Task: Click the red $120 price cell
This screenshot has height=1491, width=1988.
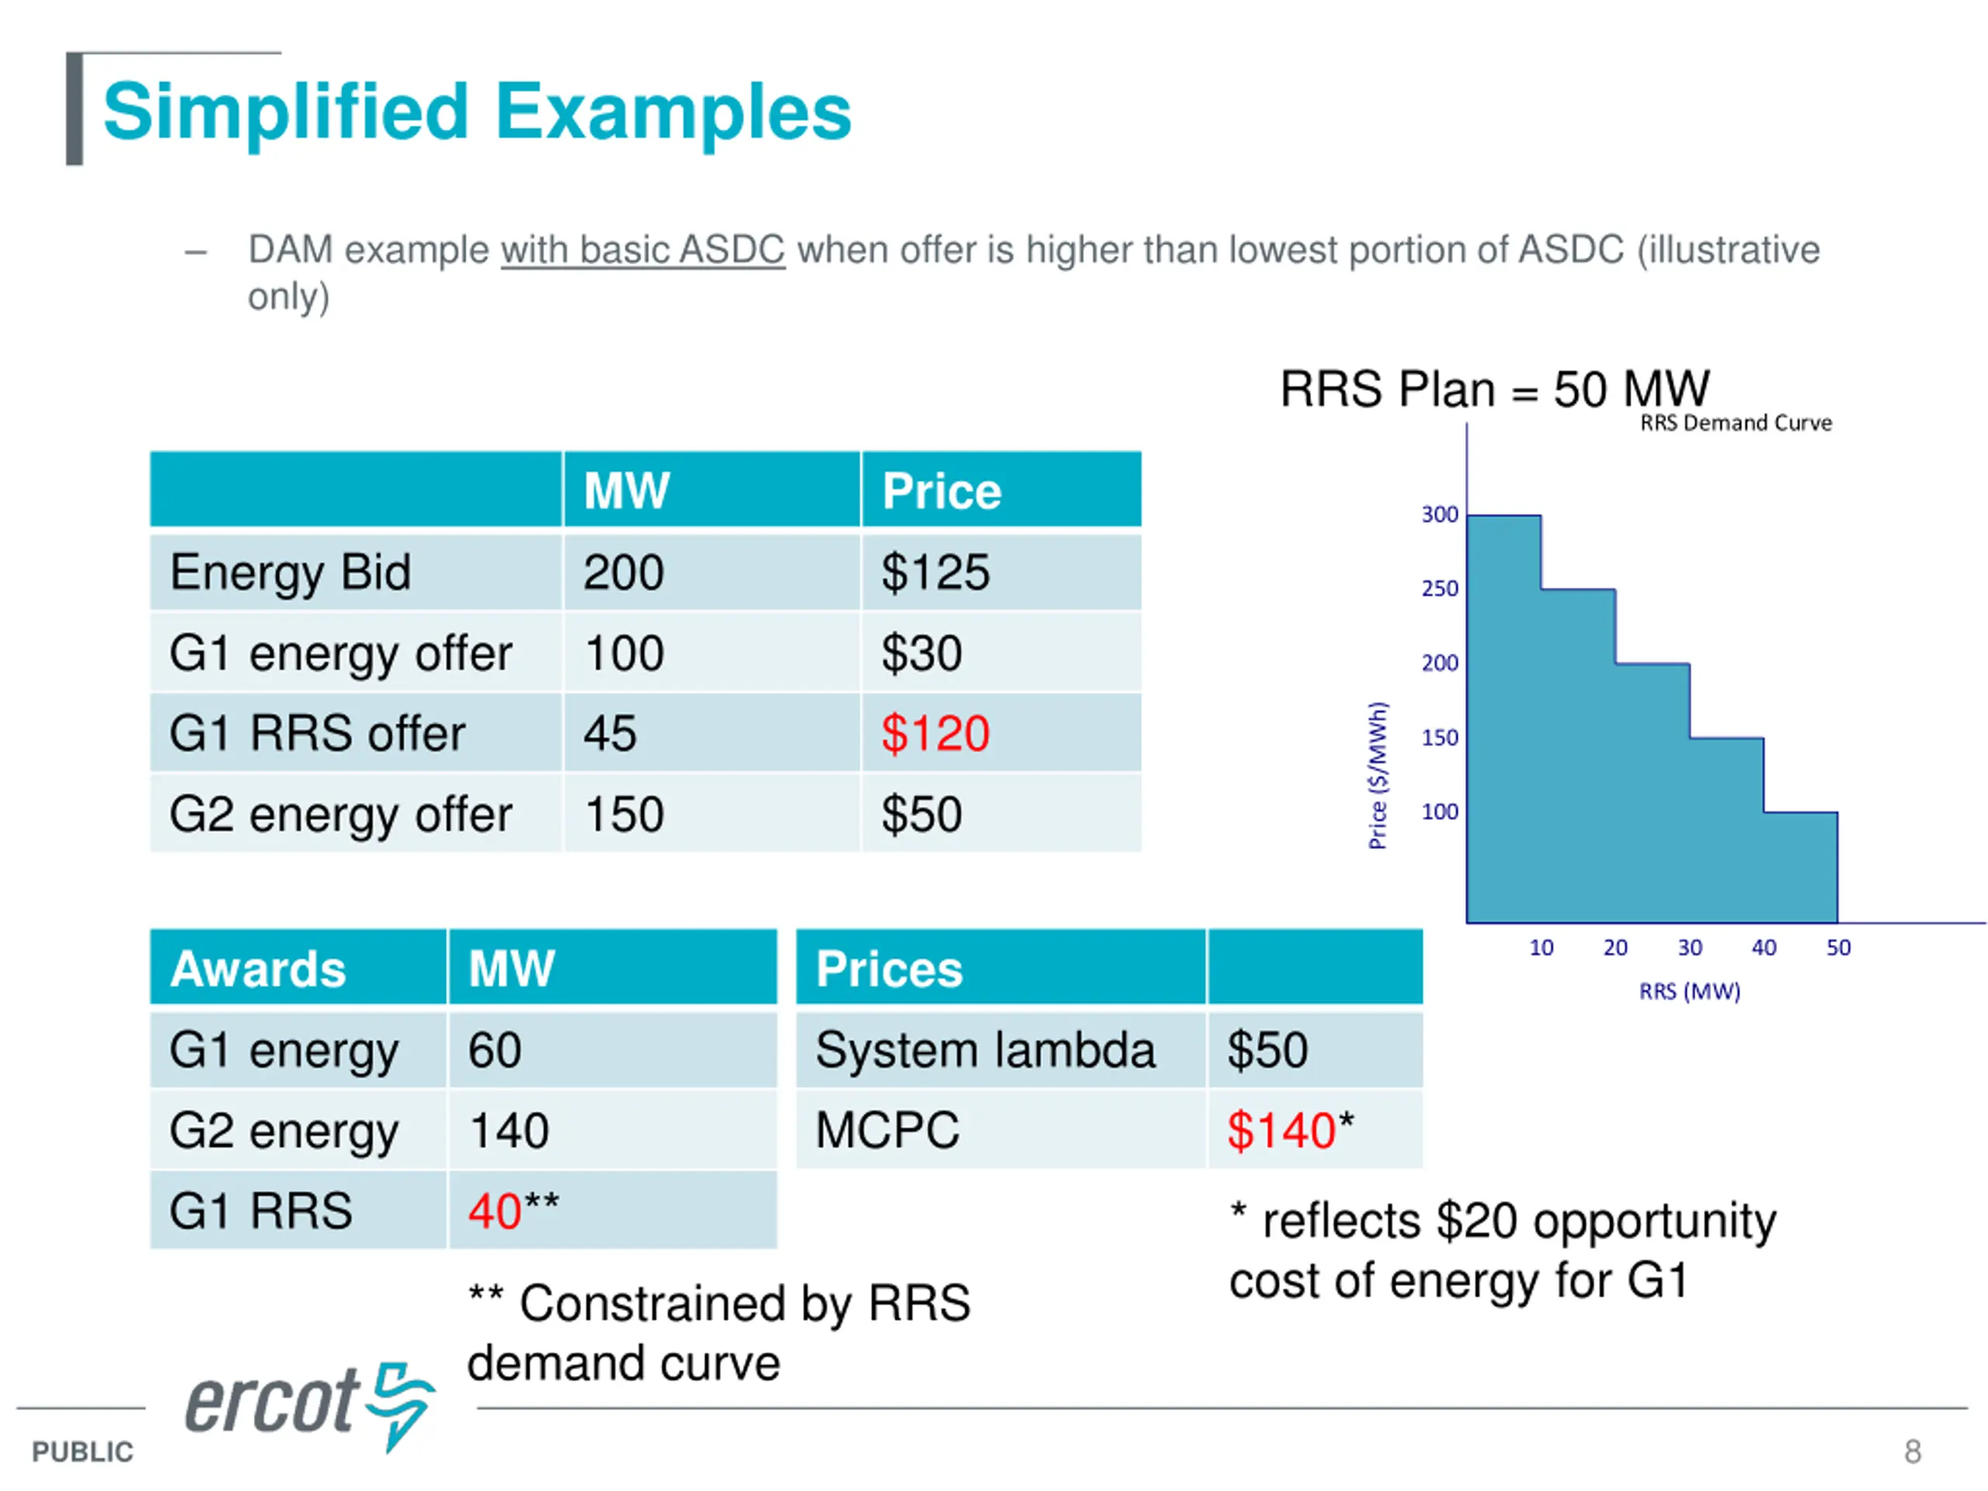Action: [x=935, y=733]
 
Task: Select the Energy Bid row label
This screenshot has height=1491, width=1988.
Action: [x=290, y=572]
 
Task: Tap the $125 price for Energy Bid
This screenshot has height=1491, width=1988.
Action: [x=935, y=572]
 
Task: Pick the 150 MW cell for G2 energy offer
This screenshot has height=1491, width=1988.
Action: [x=624, y=815]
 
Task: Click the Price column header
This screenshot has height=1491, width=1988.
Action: [x=941, y=491]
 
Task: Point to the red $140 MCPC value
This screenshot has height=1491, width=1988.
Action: [x=1281, y=1130]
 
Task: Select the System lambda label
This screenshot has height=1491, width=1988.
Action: [x=985, y=1050]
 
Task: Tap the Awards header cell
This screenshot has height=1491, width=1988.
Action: [x=259, y=969]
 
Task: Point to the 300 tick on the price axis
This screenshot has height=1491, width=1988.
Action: [x=1439, y=514]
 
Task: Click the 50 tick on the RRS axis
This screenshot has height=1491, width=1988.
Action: [x=1838, y=947]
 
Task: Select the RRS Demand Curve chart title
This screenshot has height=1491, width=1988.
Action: [x=1736, y=422]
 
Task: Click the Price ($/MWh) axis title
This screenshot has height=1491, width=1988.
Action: [x=1377, y=775]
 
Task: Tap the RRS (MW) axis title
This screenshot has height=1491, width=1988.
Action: [x=1690, y=992]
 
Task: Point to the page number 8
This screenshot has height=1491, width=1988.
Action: [x=1913, y=1451]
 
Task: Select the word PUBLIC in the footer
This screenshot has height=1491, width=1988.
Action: [x=82, y=1451]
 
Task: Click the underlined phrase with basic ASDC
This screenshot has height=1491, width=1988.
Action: [x=642, y=250]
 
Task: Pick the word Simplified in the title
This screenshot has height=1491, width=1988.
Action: [x=287, y=112]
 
